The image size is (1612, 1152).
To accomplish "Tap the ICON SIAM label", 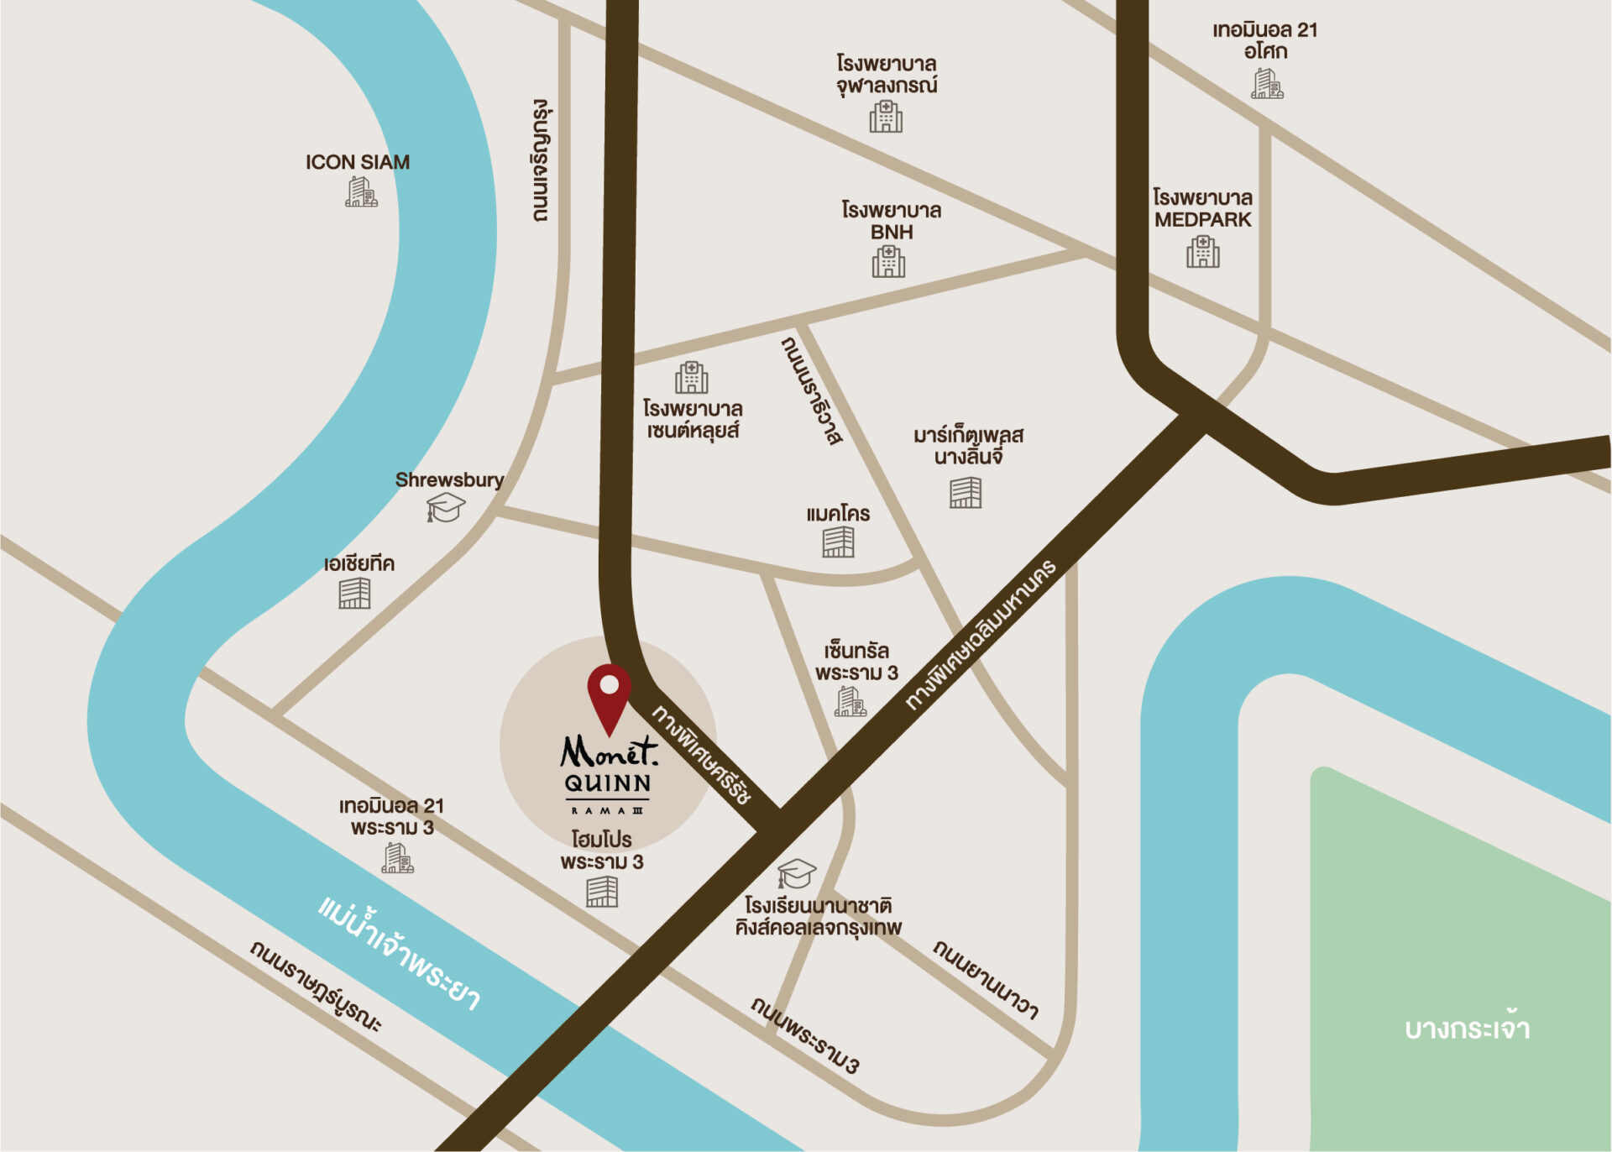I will (358, 162).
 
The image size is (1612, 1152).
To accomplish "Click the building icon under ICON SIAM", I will (361, 192).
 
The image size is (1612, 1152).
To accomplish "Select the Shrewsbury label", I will (449, 479).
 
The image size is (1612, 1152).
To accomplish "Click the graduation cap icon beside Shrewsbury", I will (445, 507).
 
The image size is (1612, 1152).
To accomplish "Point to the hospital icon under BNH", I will (888, 261).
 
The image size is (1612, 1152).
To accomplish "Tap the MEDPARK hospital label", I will (1202, 208).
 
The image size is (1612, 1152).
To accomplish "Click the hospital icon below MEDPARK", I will (1202, 251).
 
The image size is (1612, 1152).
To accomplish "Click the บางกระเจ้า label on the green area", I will (1467, 1029).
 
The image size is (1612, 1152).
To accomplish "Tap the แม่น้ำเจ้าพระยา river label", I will (400, 953).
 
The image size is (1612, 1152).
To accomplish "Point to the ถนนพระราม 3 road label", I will (805, 1035).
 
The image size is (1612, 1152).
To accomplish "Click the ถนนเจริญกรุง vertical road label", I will (541, 160).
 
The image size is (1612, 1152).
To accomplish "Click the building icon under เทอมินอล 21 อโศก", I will (1267, 84).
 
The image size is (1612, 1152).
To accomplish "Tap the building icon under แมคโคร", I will (838, 542).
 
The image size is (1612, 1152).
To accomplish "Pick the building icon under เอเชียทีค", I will (354, 593).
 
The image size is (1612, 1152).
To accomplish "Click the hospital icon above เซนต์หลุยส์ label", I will (691, 378).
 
